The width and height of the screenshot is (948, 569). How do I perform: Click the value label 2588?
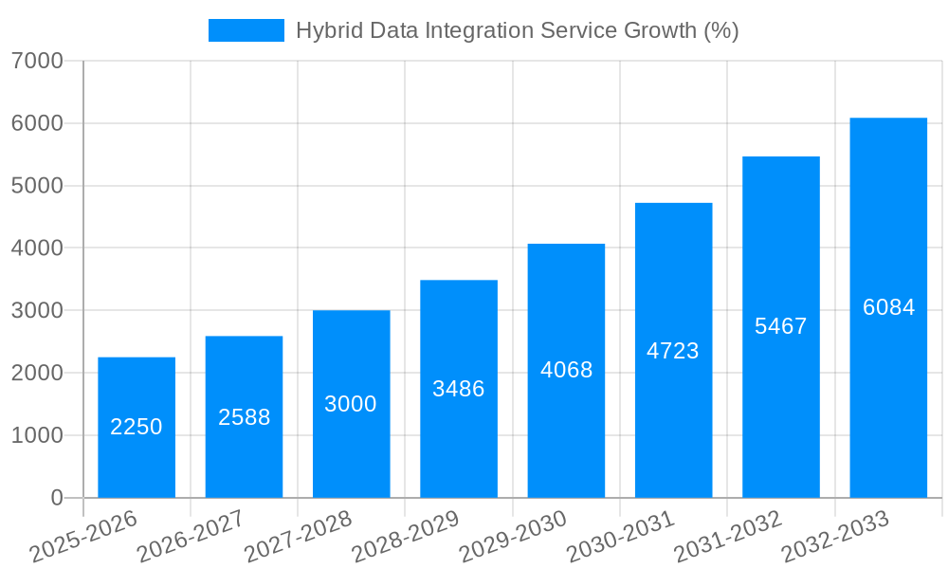tap(245, 417)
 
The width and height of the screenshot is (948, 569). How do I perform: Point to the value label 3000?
tap(351, 404)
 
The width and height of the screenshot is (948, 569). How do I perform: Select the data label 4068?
tap(567, 370)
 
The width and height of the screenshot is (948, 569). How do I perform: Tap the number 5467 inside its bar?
tap(781, 326)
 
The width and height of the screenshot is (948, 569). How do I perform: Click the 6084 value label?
tap(888, 307)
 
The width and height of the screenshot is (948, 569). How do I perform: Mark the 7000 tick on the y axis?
tap(37, 62)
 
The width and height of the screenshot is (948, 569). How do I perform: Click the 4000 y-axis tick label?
tap(37, 248)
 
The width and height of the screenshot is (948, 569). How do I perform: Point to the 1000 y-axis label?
tap(37, 435)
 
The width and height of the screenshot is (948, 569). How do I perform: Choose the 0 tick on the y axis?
tap(56, 498)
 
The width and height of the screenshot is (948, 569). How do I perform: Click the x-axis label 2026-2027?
tap(191, 537)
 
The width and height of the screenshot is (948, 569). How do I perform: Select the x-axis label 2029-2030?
tap(513, 537)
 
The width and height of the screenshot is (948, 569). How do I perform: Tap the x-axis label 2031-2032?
tap(728, 537)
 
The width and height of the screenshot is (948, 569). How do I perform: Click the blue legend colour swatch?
tap(246, 30)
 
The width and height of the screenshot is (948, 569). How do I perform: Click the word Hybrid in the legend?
tap(323, 30)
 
